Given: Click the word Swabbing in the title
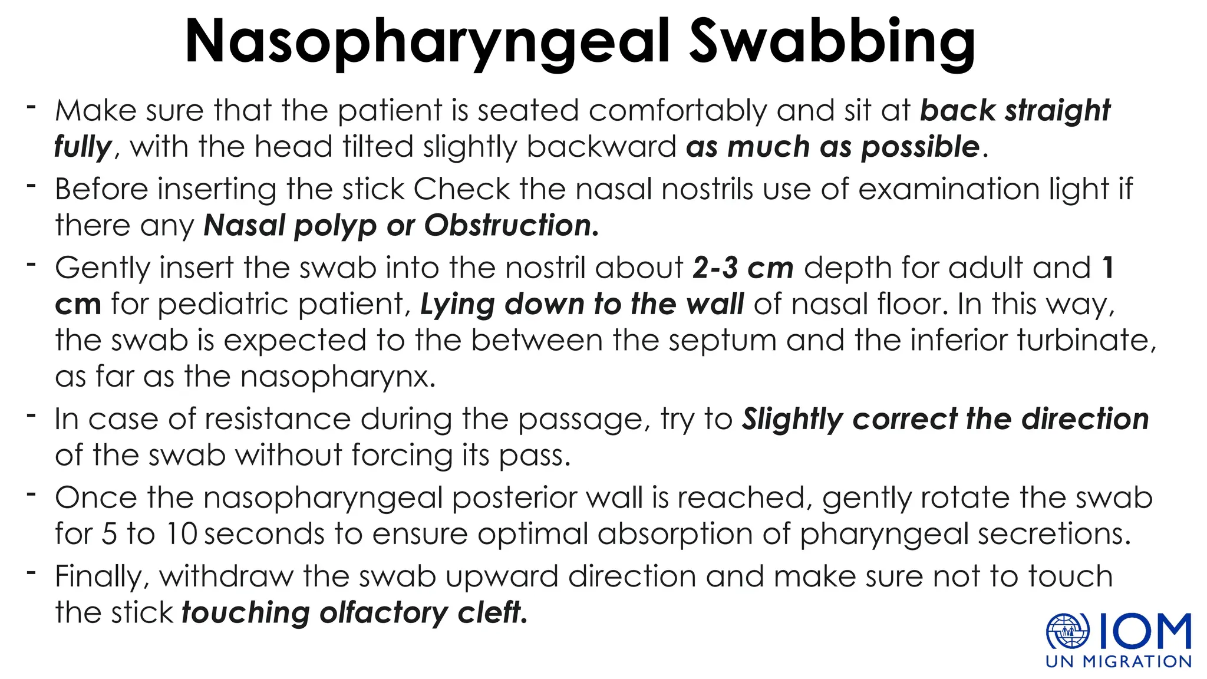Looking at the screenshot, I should point(832,42).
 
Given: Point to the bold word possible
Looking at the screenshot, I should point(921,147).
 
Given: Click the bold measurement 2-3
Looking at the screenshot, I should point(715,268).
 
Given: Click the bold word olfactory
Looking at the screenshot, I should point(384,614).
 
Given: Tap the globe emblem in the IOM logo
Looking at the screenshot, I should point(1067,632).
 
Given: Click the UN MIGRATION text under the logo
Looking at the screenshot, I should point(1119,662).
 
